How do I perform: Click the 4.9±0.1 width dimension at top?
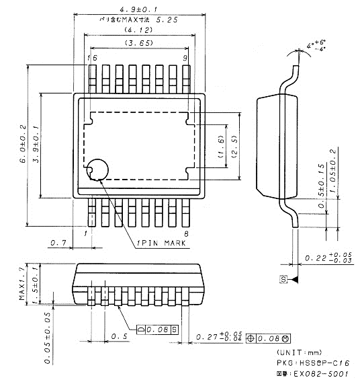click(x=139, y=9)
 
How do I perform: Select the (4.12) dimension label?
click(x=138, y=32)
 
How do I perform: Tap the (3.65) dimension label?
click(x=138, y=44)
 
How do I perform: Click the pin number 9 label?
click(x=183, y=59)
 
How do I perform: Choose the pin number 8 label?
click(x=185, y=233)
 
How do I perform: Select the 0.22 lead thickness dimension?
click(x=329, y=258)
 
